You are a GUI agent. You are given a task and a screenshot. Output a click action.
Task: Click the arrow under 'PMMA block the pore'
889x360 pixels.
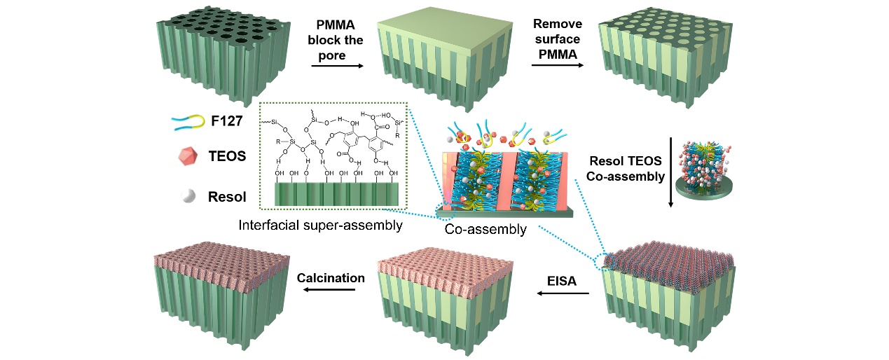[336, 67]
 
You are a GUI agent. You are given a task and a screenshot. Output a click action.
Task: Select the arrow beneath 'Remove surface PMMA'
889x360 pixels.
[557, 65]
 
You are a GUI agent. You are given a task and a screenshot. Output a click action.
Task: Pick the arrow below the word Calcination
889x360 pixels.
[331, 292]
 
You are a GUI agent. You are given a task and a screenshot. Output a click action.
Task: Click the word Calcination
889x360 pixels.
[331, 278]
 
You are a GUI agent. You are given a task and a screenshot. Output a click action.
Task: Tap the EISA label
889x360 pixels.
[563, 281]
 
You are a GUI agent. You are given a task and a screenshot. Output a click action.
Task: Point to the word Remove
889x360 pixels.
[557, 24]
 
